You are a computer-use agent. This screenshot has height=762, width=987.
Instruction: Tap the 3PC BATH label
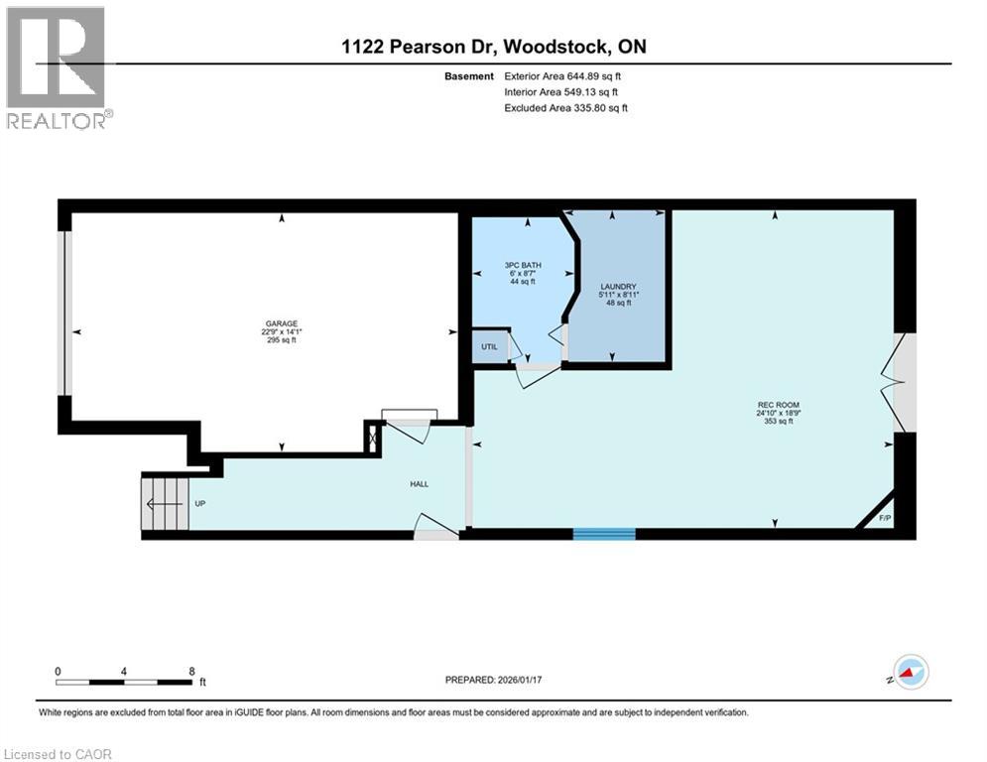pyautogui.click(x=522, y=265)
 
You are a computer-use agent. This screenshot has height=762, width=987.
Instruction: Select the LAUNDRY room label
pyautogui.click(x=617, y=287)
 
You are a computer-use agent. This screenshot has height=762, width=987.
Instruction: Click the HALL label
pyautogui.click(x=420, y=484)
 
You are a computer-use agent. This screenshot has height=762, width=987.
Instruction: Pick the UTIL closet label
pyautogui.click(x=489, y=347)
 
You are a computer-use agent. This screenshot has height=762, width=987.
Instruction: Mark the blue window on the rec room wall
pyautogui.click(x=603, y=534)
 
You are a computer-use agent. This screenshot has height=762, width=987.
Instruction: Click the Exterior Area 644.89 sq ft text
pyautogui.click(x=562, y=75)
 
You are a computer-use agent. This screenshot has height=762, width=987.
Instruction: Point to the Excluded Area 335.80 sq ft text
pyautogui.click(x=565, y=108)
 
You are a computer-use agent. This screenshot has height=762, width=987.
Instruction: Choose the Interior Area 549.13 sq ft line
pyautogui.click(x=562, y=92)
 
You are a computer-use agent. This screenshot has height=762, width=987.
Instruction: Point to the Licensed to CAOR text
pyautogui.click(x=58, y=754)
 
